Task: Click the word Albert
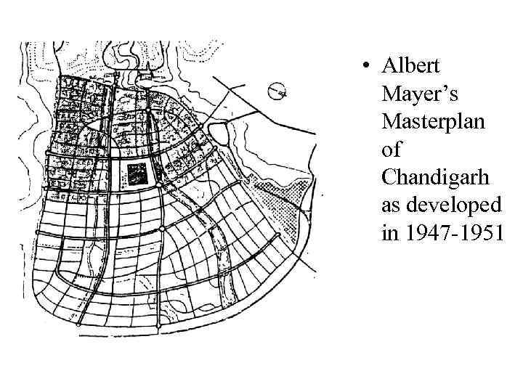point(410,66)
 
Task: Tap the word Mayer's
point(418,94)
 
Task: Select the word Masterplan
point(433,121)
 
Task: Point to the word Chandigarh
point(436,177)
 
